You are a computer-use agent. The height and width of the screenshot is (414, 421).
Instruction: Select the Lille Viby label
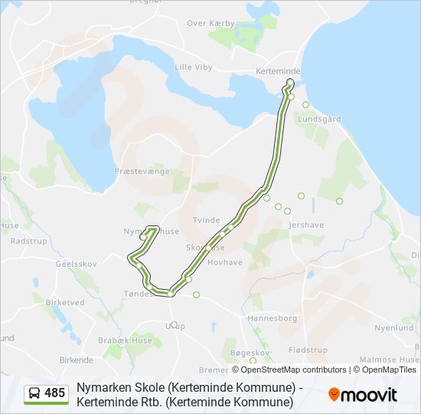(194, 67)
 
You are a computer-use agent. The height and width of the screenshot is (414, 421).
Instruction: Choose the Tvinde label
(206, 220)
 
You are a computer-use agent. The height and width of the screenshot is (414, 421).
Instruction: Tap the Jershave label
(307, 225)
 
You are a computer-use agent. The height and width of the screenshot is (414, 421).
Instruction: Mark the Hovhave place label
(225, 261)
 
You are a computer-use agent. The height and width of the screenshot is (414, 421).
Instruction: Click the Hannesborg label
(273, 317)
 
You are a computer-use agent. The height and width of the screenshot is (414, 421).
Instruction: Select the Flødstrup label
(308, 350)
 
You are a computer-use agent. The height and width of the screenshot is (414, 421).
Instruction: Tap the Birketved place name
(65, 302)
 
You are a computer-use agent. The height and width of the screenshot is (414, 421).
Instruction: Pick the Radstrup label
(29, 240)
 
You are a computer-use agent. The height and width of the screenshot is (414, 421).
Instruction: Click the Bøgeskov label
(250, 353)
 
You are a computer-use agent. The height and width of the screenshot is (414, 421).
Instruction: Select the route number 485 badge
(55, 393)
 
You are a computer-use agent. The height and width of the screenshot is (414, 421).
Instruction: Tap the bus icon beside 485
(34, 393)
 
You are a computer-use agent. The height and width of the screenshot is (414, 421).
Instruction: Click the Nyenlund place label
(395, 327)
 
